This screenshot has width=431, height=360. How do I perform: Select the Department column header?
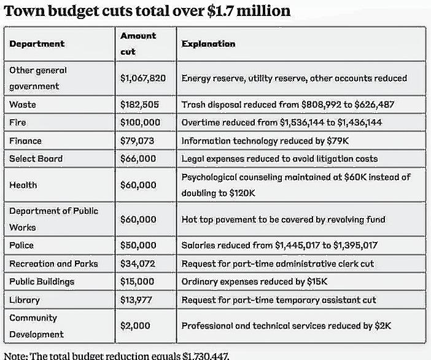pos(37,44)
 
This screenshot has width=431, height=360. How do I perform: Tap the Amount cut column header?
pos(138,44)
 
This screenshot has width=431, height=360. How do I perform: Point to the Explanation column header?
pos(208,44)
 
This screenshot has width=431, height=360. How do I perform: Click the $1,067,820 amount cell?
pos(144,79)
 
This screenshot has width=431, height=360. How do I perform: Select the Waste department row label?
pos(23,105)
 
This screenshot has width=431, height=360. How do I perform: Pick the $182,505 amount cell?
pos(139,105)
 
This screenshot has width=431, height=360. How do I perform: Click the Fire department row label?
pos(18,123)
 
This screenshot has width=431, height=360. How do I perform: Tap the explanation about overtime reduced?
pos(281,123)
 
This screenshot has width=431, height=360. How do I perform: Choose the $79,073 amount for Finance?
pos(137,141)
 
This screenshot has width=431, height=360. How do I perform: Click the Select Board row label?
pos(36,158)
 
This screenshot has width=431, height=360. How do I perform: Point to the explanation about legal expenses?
pos(279,158)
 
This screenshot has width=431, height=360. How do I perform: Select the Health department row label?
pos(23,185)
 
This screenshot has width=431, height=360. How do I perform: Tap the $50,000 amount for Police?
pos(138,246)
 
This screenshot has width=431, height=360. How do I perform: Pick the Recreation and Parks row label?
pos(53,264)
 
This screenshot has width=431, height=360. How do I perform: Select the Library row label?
pos(25,300)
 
